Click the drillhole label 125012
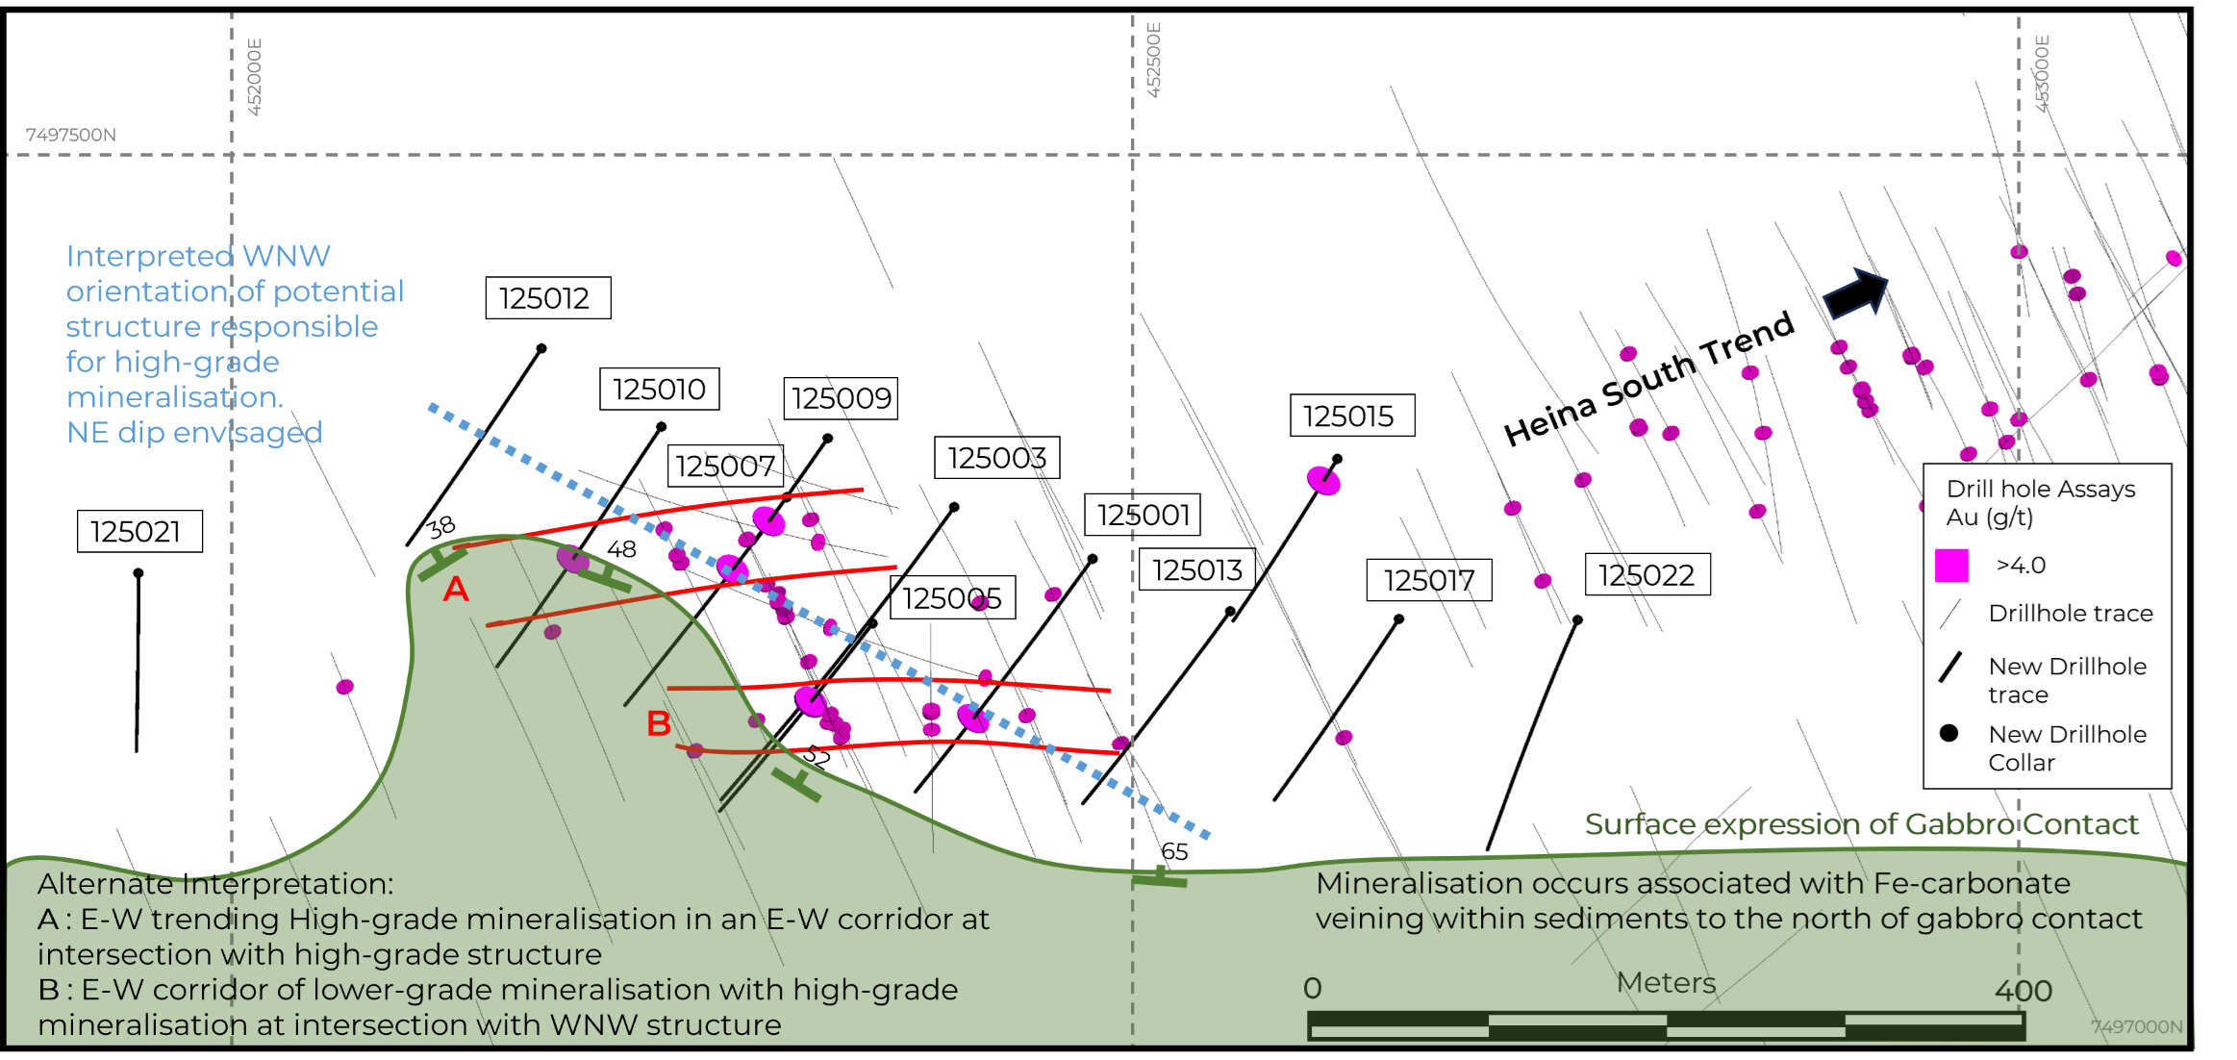pyautogui.click(x=547, y=298)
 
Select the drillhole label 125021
pyautogui.click(x=139, y=531)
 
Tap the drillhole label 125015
pyautogui.click(x=1351, y=416)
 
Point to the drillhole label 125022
pyautogui.click(x=1646, y=574)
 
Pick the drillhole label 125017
pyautogui.click(x=1429, y=580)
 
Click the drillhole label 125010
pyautogui.click(x=659, y=389)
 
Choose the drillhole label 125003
pyautogui.click(x=996, y=457)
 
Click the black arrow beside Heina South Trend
pyautogui.click(x=1855, y=292)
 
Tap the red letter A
pyautogui.click(x=456, y=589)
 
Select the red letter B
pyautogui.click(x=659, y=723)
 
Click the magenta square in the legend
pyautogui.click(x=1951, y=566)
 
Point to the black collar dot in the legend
pyautogui.click(x=1949, y=733)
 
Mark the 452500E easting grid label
pyautogui.click(x=1154, y=60)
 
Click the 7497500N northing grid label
pyautogui.click(x=70, y=135)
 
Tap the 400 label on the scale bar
pyautogui.click(x=2023, y=990)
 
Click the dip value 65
pyautogui.click(x=1174, y=851)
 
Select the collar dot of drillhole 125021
pyautogui.click(x=138, y=573)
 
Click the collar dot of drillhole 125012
pyautogui.click(x=541, y=348)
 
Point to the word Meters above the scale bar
pyautogui.click(x=1666, y=982)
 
